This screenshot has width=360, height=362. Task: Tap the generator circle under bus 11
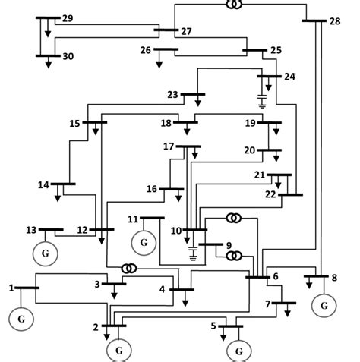click(143, 243)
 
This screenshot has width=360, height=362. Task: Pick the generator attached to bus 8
click(324, 305)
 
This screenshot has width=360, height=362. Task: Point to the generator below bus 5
click(239, 351)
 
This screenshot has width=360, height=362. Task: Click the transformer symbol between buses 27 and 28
click(233, 5)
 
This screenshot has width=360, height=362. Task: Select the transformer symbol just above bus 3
click(130, 269)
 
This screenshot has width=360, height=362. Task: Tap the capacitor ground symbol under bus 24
click(263, 102)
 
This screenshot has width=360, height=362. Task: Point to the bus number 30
click(68, 56)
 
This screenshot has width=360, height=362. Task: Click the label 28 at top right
click(335, 20)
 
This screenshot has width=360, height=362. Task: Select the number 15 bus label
click(74, 123)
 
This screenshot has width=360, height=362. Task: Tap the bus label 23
click(172, 95)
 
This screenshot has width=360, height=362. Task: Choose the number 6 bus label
click(276, 275)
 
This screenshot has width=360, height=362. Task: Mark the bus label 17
click(169, 146)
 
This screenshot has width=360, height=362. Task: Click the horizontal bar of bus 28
click(314, 20)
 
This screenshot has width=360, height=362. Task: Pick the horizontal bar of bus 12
click(101, 229)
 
